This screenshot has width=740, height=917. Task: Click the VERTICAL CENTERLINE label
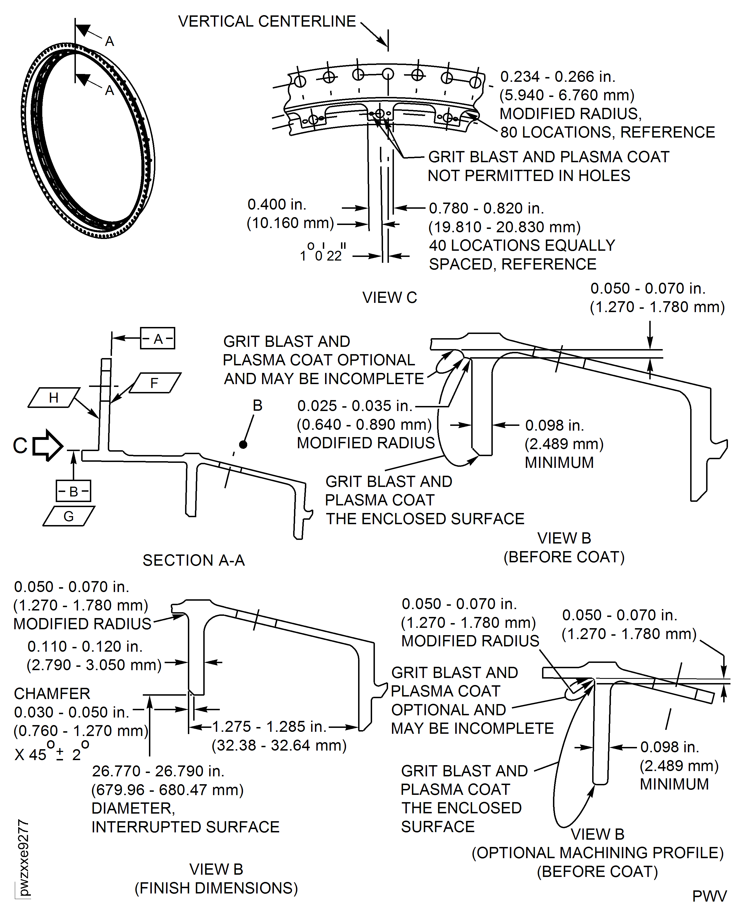[267, 21]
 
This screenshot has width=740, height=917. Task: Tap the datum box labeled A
[158, 338]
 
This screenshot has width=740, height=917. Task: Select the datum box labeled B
[73, 491]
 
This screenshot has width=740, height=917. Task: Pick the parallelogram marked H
[54, 398]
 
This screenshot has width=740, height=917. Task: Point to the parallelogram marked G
[69, 516]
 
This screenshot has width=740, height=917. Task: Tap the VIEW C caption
[390, 297]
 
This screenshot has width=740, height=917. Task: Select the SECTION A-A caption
[193, 560]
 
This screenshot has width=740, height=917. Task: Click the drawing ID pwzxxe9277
[24, 858]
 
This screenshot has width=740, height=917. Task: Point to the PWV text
[709, 896]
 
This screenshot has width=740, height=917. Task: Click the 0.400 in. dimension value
[277, 204]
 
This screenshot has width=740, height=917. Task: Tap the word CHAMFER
[52, 693]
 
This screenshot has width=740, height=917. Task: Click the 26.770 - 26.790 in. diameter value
[158, 771]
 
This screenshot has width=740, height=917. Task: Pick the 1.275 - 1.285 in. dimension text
[269, 726]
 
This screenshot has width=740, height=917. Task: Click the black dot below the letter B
[243, 444]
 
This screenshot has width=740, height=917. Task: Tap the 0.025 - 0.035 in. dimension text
[355, 406]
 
